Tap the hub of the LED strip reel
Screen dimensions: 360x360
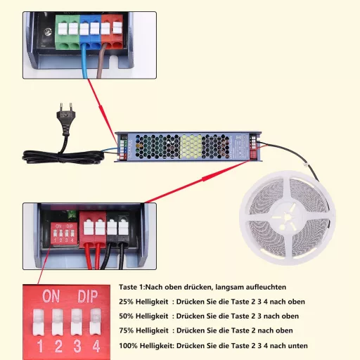tap(287, 218)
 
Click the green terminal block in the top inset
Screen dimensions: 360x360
tap(67, 32)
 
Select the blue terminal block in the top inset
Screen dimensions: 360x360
tap(91, 32)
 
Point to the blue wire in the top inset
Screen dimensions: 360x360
tap(84, 61)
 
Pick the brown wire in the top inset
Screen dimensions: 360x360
tap(101, 61)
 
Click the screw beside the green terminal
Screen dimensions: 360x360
tap(48, 32)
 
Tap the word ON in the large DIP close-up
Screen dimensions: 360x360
tap(51, 296)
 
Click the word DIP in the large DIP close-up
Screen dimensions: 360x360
tap(88, 297)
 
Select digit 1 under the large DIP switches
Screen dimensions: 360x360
tap(40, 346)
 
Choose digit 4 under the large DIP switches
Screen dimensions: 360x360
tap(96, 346)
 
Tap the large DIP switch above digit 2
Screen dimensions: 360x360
tap(58, 321)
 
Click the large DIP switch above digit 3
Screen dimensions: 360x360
tap(77, 321)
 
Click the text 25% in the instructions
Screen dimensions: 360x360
tap(126, 302)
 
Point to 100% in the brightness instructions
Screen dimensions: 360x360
tap(128, 346)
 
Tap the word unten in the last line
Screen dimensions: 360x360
tap(297, 346)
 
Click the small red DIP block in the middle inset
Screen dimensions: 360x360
tap(64, 233)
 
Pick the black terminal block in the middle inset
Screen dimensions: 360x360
tap(118, 230)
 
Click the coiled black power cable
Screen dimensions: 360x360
tap(63, 157)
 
